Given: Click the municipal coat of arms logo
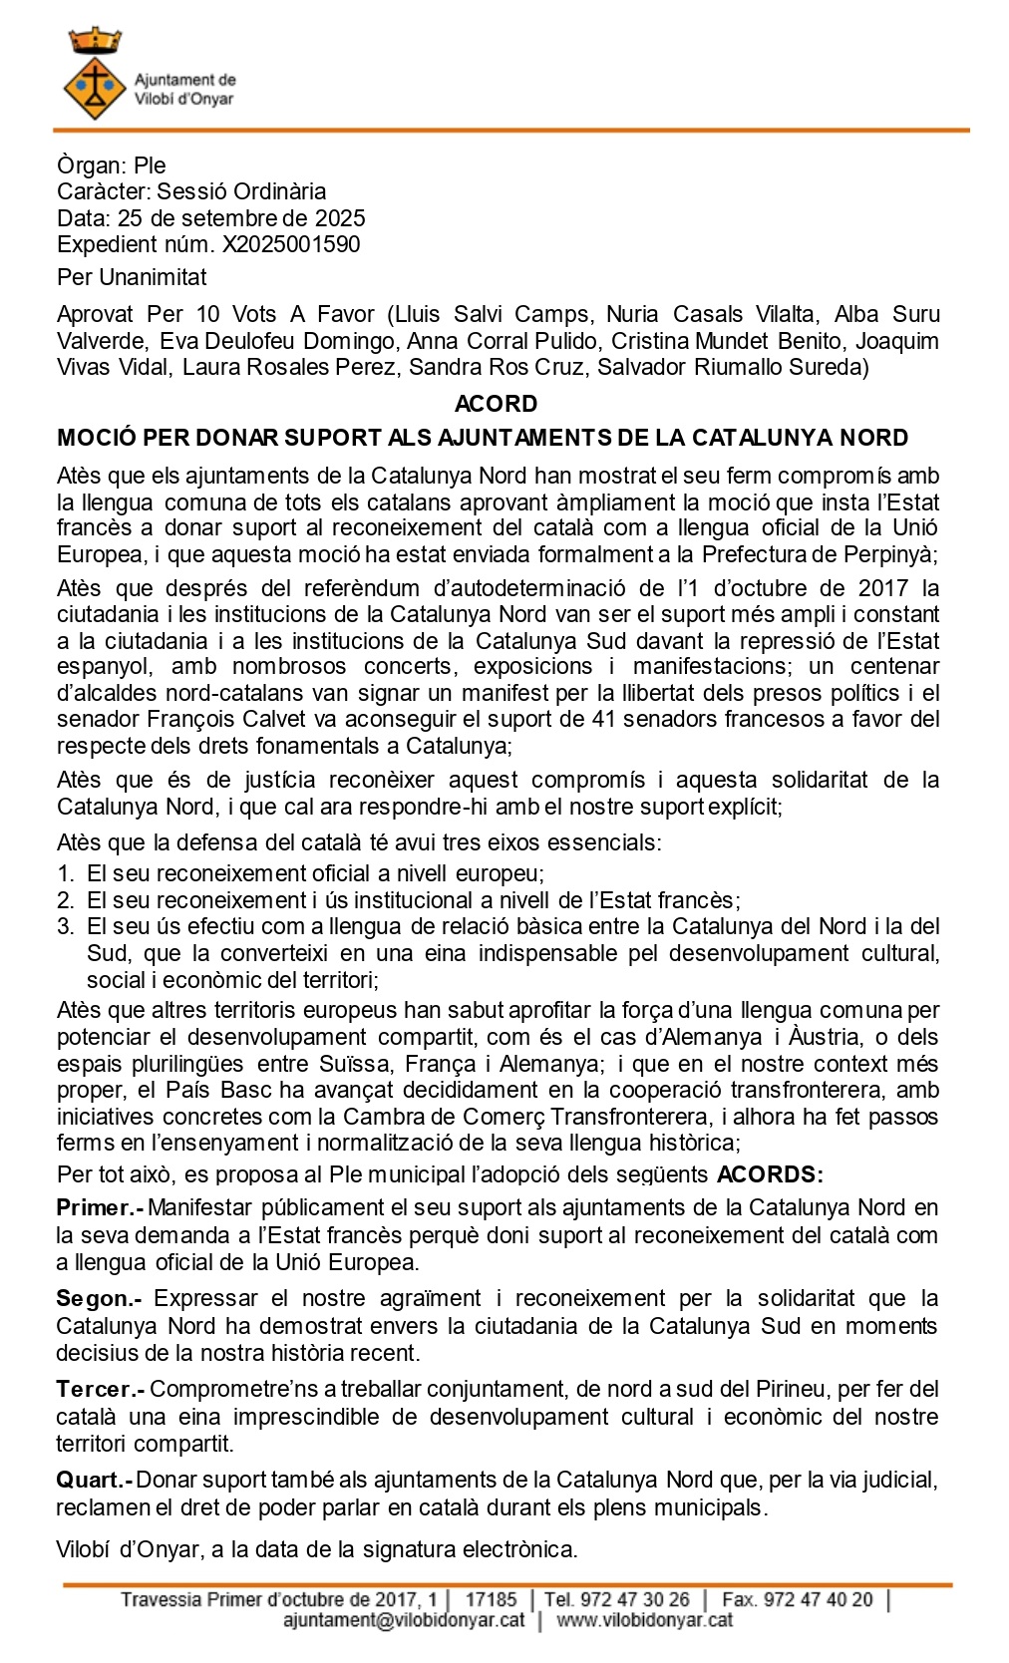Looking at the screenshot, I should [x=94, y=76].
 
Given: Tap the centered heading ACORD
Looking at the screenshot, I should [x=496, y=404].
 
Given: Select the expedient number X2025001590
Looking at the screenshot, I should [x=290, y=244].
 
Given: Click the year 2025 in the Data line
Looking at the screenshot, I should [x=340, y=218].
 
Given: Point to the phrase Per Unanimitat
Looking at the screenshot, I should [x=132, y=277].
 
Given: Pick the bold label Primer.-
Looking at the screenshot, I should [x=100, y=1208].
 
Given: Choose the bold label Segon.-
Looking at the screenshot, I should [x=99, y=1299].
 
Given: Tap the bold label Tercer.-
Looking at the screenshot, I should [x=101, y=1390].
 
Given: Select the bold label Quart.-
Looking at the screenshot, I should [x=95, y=1481].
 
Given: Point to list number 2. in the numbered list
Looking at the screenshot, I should [x=66, y=900].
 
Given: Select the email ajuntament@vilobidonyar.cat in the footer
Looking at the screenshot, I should [x=403, y=1620].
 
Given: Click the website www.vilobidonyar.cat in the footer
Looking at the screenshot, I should [x=644, y=1620].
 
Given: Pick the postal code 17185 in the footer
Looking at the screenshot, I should [x=491, y=1599].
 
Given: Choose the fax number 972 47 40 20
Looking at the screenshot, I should [x=797, y=1599].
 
